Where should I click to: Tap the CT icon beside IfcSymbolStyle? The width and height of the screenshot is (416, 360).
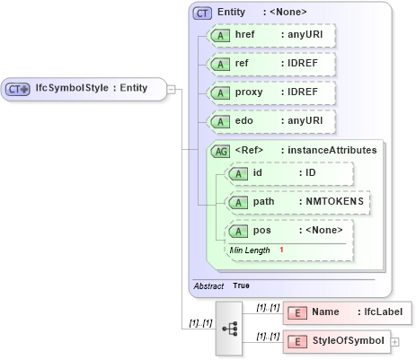tap(19, 89)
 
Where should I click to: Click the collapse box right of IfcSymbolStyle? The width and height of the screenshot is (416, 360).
tap(171, 89)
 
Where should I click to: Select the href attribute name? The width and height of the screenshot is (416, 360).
tap(245, 36)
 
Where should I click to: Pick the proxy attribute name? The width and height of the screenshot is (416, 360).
tap(249, 92)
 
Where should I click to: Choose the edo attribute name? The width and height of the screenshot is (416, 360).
tap(244, 121)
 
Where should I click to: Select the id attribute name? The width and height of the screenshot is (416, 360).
tap(257, 172)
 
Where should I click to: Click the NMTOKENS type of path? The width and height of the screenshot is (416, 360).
tap(332, 202)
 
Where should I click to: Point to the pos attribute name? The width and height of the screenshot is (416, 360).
tap(261, 231)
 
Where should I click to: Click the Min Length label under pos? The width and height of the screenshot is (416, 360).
tap(250, 250)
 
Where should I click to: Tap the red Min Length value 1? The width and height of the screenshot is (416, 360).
tap(281, 250)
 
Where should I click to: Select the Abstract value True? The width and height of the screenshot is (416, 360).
tap(242, 285)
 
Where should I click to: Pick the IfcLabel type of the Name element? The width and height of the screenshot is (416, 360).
tap(384, 312)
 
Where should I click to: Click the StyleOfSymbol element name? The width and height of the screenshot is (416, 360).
tap(349, 341)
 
